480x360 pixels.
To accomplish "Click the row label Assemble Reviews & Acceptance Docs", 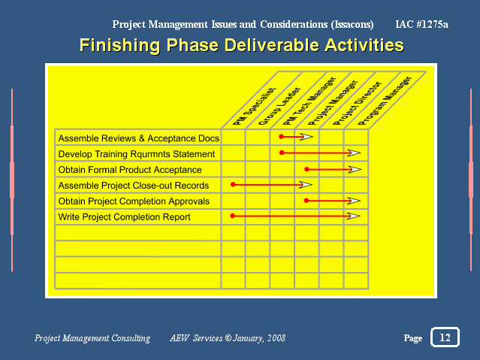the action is [x=139, y=138].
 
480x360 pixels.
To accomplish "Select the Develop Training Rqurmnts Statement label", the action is [x=137, y=154].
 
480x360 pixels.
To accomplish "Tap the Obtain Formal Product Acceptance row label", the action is [x=130, y=170].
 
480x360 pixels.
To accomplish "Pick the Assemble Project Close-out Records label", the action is [x=134, y=186].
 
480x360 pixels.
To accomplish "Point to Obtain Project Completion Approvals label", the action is [x=134, y=201].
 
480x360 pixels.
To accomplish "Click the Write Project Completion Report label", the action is [x=124, y=217].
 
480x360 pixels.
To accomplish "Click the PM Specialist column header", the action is [x=254, y=106].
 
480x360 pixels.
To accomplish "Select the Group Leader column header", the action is [x=279, y=106].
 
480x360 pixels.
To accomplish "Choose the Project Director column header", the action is [x=358, y=103].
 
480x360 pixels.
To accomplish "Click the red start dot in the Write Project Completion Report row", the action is [x=232, y=216].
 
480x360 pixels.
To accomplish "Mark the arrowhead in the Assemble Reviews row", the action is [x=306, y=137].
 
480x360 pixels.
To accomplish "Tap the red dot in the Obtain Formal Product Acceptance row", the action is [x=306, y=169].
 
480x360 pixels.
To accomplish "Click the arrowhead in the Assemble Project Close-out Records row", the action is [x=306, y=184].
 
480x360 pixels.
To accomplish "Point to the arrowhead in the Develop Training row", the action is [x=354, y=153].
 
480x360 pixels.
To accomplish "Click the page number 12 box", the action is [x=445, y=337].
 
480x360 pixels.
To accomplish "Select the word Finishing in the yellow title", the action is [x=119, y=45].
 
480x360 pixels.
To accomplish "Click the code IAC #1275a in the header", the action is [x=421, y=24].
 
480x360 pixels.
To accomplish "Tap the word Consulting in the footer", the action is [x=131, y=338].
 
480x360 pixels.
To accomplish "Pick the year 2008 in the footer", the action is [x=276, y=338].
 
